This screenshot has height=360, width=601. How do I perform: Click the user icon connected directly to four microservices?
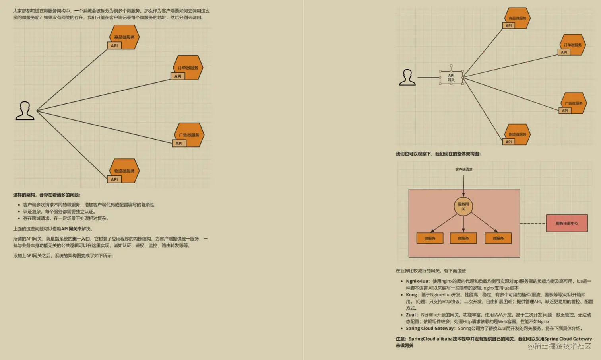pos(25,111)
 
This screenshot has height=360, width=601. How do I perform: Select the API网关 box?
pos(451,78)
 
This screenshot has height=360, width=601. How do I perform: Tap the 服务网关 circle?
pos(463,206)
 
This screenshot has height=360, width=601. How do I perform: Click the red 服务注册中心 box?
pos(566,223)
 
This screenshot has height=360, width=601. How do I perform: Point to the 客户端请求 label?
pos(463,169)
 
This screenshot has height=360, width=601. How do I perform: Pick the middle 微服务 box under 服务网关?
pos(463,238)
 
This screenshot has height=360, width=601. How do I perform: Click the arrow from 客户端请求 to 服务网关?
pos(463,185)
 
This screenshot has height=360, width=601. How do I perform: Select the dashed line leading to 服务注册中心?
pos(533,223)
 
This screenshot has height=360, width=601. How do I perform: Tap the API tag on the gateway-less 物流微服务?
pos(114,179)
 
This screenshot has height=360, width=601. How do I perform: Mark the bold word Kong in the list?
pos(411,295)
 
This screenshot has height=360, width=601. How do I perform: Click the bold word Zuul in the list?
pos(411,315)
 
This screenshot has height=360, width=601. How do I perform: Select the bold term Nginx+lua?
pos(417,281)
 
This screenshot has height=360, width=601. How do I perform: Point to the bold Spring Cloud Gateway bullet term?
pos(430,328)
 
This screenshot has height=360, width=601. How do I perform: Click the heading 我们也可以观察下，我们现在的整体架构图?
pos(438,154)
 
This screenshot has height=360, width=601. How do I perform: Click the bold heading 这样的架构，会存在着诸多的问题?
pos(47,195)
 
